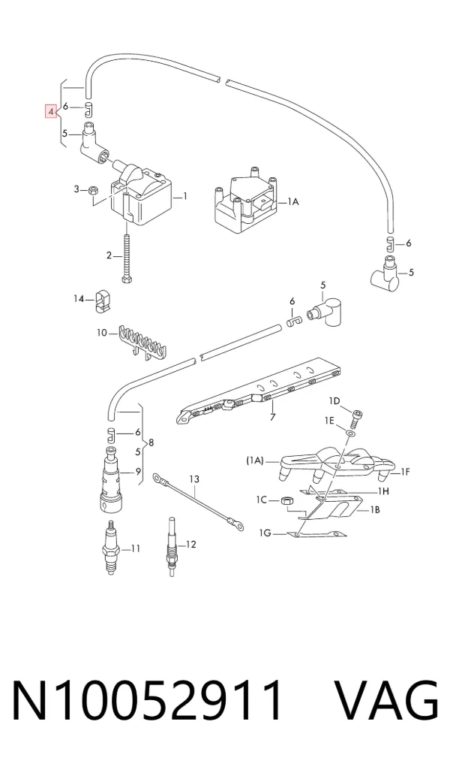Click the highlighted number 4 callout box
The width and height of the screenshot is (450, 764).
(51, 112)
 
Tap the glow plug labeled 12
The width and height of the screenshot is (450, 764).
(171, 547)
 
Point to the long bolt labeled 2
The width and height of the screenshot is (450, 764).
(127, 257)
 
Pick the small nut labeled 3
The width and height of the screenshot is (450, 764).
(94, 189)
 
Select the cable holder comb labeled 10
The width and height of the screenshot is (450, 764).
(141, 340)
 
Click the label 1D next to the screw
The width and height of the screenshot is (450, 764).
(334, 401)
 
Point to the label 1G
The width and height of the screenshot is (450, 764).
(265, 533)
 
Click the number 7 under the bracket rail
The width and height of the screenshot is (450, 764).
(272, 417)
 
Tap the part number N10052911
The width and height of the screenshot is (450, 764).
(146, 699)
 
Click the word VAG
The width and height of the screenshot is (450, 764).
(387, 699)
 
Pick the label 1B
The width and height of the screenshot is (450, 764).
(374, 509)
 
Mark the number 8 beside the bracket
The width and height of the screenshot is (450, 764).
(151, 442)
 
